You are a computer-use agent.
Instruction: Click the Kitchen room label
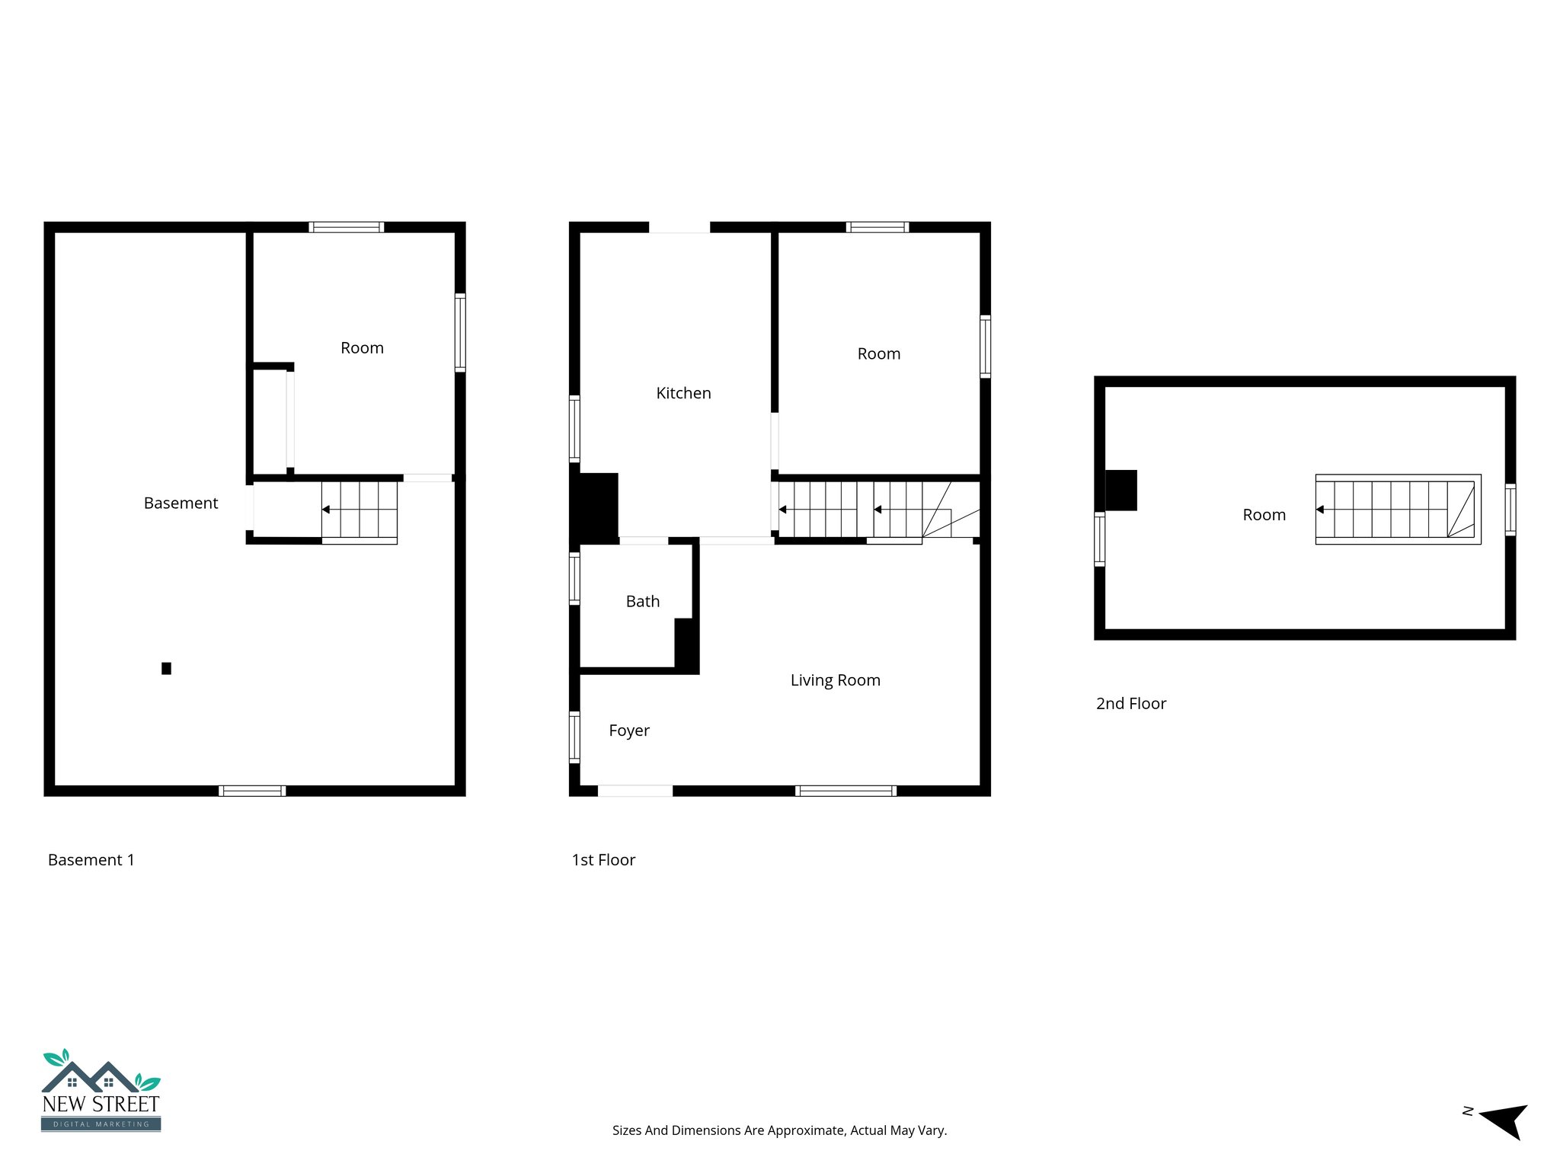tap(683, 393)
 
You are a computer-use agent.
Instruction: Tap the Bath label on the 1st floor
tap(642, 601)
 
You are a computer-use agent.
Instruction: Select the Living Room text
tap(835, 680)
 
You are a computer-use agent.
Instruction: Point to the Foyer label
tap(629, 730)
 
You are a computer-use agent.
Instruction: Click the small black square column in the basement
tap(166, 668)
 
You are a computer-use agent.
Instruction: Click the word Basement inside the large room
tap(181, 503)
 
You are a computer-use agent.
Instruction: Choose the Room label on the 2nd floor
tap(1264, 515)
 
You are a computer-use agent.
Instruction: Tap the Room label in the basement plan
tap(362, 348)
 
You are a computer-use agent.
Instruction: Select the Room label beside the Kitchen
tap(878, 353)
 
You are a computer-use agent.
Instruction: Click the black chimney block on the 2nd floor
tap(1120, 491)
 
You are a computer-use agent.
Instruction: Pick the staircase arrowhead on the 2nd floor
tap(1320, 510)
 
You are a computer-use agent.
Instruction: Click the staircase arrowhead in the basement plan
tap(326, 510)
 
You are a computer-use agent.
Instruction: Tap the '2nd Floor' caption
tap(1130, 704)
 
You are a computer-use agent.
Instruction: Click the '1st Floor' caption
tap(603, 860)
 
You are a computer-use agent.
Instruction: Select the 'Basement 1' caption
tap(91, 860)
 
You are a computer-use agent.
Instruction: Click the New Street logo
tap(101, 1090)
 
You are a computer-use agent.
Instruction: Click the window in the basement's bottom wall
tap(252, 791)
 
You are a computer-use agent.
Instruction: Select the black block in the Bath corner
tap(685, 644)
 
